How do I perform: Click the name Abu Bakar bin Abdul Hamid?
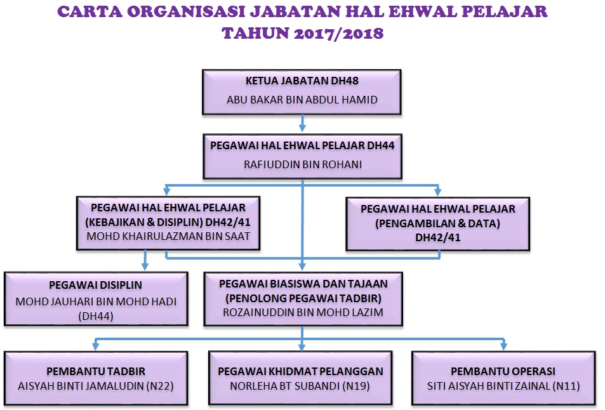pos(302,100)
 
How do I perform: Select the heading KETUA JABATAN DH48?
pos(302,81)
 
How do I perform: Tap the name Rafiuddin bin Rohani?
pos(303,164)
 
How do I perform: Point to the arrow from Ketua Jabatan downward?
pos(302,123)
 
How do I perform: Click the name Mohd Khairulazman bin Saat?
pos(168,236)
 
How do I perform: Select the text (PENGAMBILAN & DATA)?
pos(438,223)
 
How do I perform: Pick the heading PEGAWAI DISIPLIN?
pos(96,285)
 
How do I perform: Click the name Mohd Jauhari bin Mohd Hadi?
pos(96,301)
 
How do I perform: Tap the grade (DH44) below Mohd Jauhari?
pos(96,316)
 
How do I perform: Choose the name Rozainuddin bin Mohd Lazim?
pos(303,312)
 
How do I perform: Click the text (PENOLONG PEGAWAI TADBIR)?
pos(303,298)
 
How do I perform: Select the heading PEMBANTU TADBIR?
pos(96,371)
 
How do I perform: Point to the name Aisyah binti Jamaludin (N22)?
pos(96,386)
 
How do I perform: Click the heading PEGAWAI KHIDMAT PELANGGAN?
pos(300,371)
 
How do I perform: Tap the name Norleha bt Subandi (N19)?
pos(300,386)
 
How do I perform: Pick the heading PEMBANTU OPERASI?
pos(503,371)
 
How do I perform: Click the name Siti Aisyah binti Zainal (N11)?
pos(503,386)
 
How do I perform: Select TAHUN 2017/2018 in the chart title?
pos(303,33)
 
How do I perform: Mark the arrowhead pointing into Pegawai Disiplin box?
pos(145,266)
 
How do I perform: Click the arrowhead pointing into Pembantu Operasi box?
pos(503,347)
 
